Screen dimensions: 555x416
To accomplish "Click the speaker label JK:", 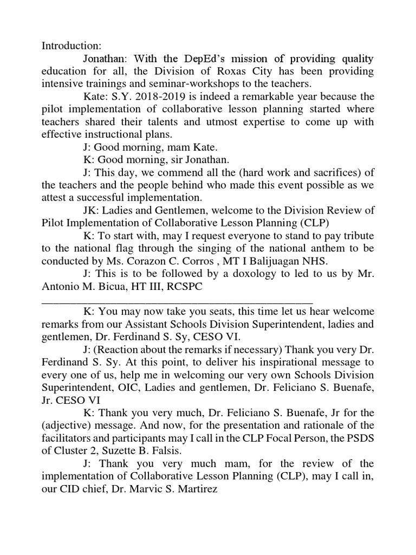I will (x=91, y=211).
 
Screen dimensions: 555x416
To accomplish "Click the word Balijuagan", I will (x=278, y=262).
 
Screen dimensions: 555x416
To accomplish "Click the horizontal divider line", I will (x=177, y=301).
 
